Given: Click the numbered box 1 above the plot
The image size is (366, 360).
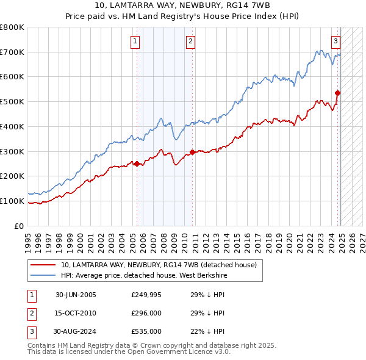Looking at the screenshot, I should tap(135, 41).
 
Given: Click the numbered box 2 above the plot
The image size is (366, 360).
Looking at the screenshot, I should tap(190, 41).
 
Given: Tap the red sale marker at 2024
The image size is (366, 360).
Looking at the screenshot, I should tap(337, 93).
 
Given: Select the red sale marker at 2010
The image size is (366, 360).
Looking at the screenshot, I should tap(192, 152).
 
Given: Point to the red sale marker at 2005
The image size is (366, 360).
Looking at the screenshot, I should tap(137, 164).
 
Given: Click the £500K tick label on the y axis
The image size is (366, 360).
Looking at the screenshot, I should tap(12, 101).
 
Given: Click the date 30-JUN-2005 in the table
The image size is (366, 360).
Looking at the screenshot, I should tap(76, 295).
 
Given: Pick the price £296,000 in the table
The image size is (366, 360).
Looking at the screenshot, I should tap(146, 313).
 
